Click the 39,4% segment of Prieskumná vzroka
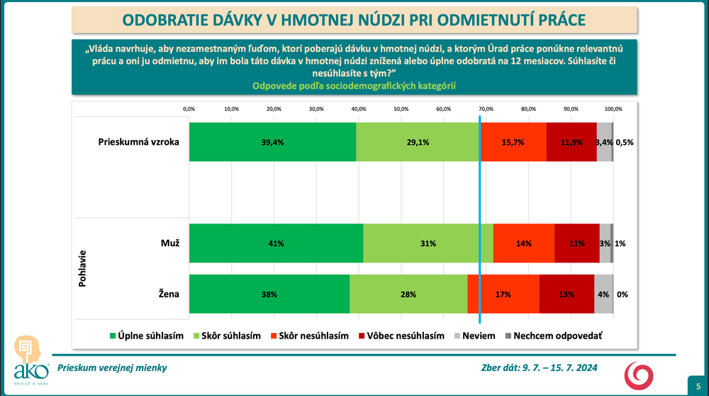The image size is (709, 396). (x=272, y=142)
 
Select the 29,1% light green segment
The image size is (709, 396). (x=417, y=142)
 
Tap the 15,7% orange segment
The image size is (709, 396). (x=513, y=142)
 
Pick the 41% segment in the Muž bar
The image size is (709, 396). (x=276, y=243)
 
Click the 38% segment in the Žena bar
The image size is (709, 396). (x=269, y=294)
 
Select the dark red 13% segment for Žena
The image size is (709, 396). (x=566, y=294)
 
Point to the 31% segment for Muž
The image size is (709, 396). (x=428, y=243)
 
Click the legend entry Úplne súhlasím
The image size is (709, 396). (x=146, y=336)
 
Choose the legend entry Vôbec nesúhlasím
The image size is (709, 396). (x=401, y=336)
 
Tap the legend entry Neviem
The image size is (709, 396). (x=473, y=336)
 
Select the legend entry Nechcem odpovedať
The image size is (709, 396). (x=552, y=336)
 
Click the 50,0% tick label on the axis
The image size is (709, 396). (x=401, y=109)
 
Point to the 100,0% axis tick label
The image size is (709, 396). (x=613, y=109)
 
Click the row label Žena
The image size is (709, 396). (x=169, y=294)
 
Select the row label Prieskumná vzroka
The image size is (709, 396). (x=138, y=142)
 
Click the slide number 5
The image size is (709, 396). (x=698, y=384)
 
